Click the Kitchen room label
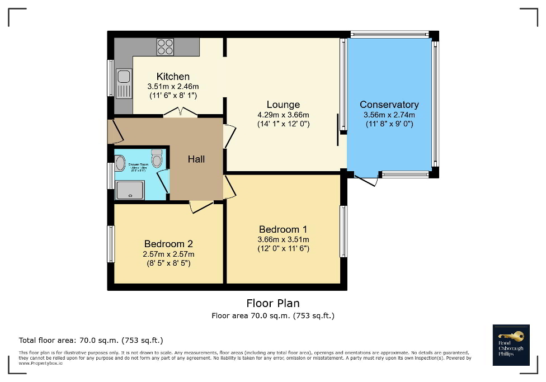[x=173, y=77]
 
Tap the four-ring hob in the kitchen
[x=165, y=46]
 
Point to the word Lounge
[x=283, y=105]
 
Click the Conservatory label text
[x=389, y=105]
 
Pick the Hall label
[x=196, y=159]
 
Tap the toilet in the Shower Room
[x=157, y=159]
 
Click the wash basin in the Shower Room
[x=120, y=163]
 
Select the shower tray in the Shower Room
[x=130, y=190]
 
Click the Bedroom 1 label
[x=283, y=229]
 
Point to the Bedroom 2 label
[x=168, y=244]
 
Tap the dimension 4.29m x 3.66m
[x=283, y=115]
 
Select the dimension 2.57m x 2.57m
[x=168, y=254]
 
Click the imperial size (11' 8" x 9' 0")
[x=389, y=124]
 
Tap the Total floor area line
[x=91, y=340]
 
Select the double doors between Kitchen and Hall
[x=180, y=112]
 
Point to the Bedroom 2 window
[x=111, y=244]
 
